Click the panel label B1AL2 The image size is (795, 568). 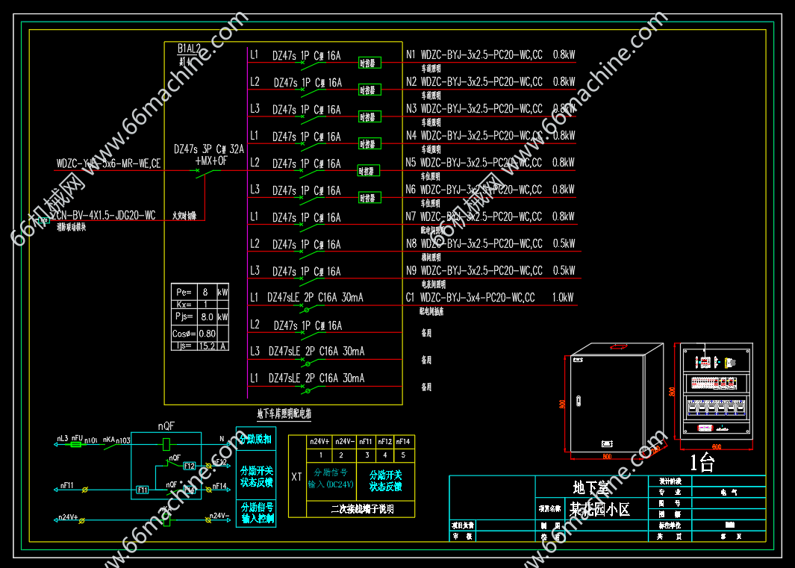tap(190, 49)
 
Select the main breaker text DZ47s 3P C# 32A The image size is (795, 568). tap(209, 149)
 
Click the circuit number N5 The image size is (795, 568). tap(411, 163)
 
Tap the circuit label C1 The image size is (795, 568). tap(411, 298)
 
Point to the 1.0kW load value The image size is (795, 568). tap(564, 298)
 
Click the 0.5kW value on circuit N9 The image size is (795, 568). tap(564, 271)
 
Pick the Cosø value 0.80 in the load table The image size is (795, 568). tap(207, 334)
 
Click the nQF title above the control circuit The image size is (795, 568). tap(166, 426)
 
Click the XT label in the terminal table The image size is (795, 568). tap(297, 476)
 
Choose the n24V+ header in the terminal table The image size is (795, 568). tap(320, 441)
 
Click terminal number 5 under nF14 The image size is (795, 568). tap(402, 455)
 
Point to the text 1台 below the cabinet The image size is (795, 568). tap(702, 463)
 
